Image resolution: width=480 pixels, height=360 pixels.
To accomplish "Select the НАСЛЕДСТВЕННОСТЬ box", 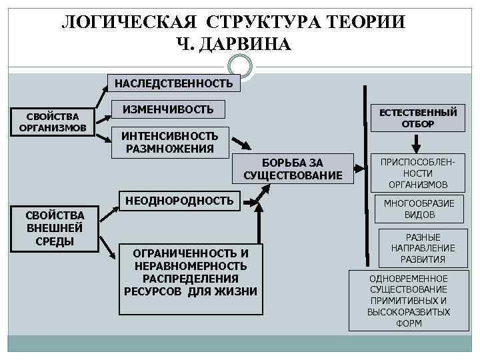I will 173,83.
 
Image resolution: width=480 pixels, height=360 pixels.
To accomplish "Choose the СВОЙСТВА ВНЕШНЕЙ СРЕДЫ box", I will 55,227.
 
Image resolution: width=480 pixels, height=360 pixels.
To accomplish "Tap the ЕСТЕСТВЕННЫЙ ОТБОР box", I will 418,118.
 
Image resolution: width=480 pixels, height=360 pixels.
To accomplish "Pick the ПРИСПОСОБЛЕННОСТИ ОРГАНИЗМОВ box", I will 418,173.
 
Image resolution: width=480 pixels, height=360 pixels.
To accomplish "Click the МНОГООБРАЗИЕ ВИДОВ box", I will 420,209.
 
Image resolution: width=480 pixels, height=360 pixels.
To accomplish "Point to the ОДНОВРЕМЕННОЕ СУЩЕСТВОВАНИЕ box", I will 409,300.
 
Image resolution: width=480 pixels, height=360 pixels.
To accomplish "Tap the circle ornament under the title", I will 240,66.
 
